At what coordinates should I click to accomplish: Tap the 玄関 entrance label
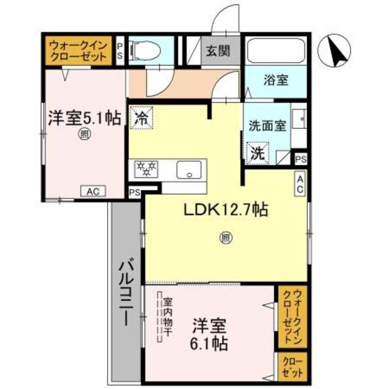(x=217, y=51)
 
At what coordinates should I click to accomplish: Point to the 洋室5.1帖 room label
(x=84, y=117)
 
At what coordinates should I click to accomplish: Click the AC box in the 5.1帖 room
(x=93, y=191)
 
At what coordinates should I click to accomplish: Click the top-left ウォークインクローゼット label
(x=77, y=50)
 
